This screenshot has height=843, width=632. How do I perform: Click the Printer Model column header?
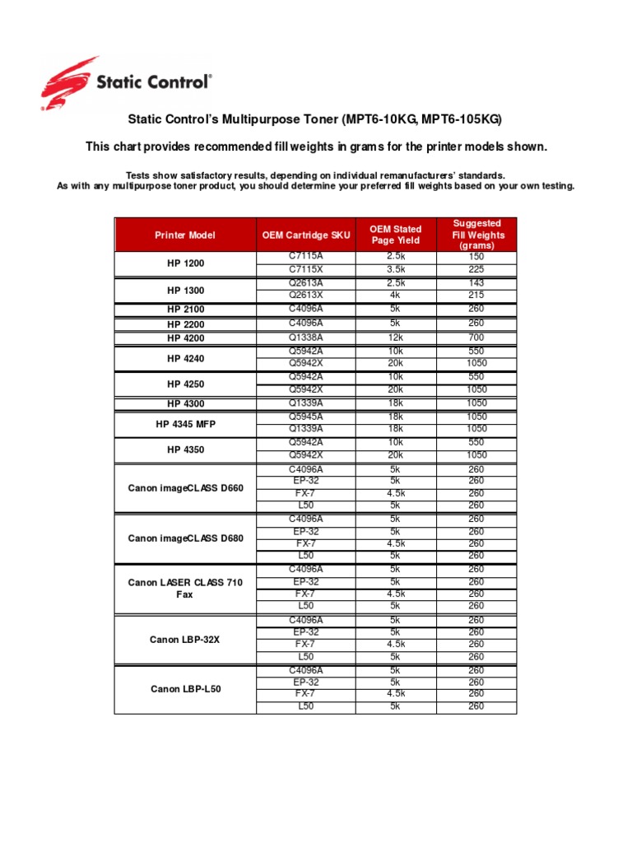pos(185,235)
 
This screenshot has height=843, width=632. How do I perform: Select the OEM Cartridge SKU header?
pos(306,235)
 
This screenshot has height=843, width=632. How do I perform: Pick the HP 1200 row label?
pos(185,263)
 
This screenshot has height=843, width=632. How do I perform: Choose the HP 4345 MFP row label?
pos(185,423)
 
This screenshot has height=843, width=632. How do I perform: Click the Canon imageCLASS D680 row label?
pos(185,538)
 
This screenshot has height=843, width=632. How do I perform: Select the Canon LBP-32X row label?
pos(185,639)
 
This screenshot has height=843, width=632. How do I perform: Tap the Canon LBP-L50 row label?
pos(185,688)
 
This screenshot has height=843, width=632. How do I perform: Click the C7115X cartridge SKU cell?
pos(306,269)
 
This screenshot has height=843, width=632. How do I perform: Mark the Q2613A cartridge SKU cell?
pos(306,283)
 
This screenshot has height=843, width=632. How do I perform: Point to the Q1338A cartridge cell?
pos(306,338)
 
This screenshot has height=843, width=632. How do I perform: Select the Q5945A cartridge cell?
pos(306,417)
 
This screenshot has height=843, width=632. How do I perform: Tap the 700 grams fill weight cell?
pos(476,338)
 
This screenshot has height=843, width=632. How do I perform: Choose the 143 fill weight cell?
pos(476,283)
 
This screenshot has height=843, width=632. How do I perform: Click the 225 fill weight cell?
pos(476,269)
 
